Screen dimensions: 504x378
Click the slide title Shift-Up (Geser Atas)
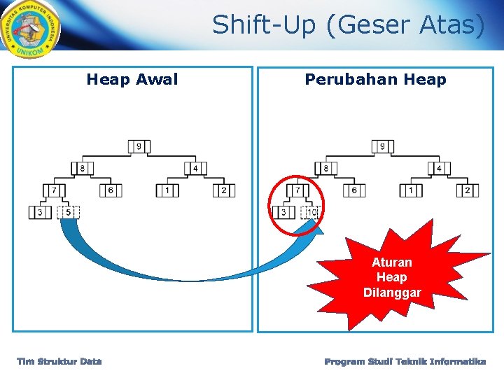point(349,25)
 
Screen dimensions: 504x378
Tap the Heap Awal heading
point(132,80)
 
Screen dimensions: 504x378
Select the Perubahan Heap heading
point(375,80)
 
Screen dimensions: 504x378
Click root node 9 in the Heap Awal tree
point(139,146)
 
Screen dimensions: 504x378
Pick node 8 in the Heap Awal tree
point(83,169)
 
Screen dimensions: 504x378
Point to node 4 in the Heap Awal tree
point(195,169)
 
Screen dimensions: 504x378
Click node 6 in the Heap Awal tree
point(111,190)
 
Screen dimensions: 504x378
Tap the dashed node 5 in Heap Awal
point(69,212)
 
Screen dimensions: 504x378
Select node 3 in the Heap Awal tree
point(40,212)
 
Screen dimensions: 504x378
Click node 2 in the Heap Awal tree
point(224,190)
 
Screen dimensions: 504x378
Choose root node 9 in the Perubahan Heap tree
point(382,146)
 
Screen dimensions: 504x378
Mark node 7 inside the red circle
point(297,190)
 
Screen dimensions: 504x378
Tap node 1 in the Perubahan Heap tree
point(411,190)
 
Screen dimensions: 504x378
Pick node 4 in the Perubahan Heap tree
point(439,169)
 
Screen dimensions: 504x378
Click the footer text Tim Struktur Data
point(59,362)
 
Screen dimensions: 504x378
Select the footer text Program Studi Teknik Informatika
point(405,362)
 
